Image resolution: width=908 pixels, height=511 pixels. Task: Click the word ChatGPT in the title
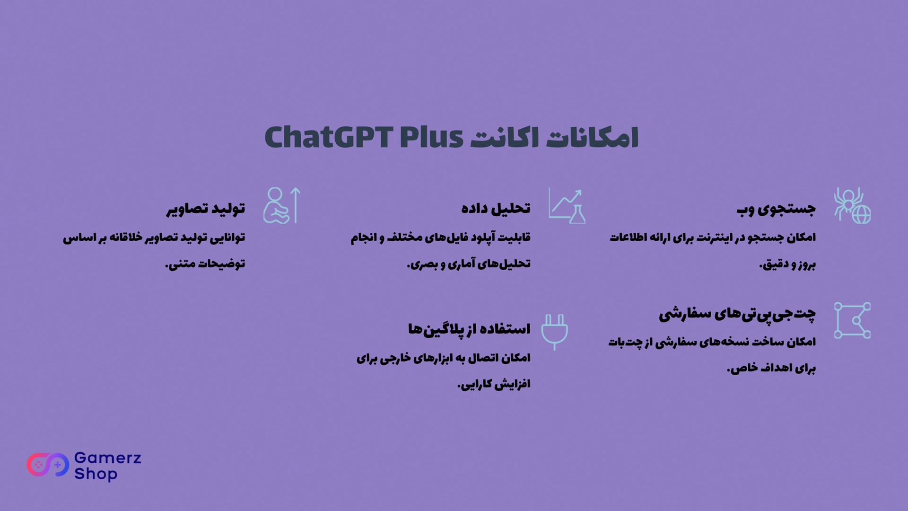point(329,138)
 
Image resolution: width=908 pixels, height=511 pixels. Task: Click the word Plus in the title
point(431,138)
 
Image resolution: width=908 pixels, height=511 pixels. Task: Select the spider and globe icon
point(852,205)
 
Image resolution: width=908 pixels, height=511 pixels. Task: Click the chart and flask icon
point(567,205)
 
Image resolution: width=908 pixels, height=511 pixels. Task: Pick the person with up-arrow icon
point(282,205)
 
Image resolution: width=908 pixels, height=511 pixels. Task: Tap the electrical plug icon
point(554,332)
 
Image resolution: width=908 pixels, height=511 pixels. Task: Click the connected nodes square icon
point(852,320)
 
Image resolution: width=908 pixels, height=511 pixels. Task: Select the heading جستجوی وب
point(776,209)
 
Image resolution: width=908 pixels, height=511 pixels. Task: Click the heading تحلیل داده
point(496,208)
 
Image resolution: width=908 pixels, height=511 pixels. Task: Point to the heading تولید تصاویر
point(206,209)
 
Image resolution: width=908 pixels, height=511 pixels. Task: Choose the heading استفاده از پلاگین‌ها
point(469,329)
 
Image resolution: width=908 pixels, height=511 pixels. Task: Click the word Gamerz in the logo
point(108,458)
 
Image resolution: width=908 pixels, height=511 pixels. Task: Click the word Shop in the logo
point(96,474)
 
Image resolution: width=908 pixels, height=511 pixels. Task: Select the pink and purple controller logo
point(48,465)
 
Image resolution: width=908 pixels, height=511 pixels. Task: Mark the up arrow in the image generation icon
point(296,205)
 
